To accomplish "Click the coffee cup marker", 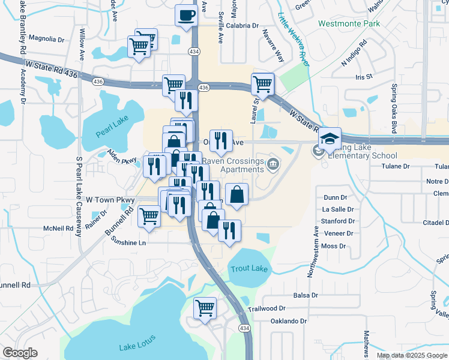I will click(x=186, y=15).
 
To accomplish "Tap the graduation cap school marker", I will click(x=330, y=139).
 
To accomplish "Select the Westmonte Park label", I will click(x=349, y=24).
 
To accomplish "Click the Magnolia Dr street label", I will click(x=46, y=39).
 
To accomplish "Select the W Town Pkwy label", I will click(x=110, y=198).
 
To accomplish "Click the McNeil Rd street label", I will click(x=58, y=228).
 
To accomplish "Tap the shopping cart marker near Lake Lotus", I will click(x=205, y=308).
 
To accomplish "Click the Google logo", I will click(x=20, y=353).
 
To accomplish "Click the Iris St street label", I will click(x=364, y=77).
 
